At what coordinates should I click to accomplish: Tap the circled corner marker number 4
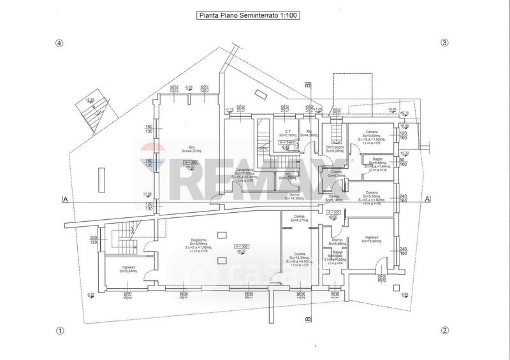coord(60,43)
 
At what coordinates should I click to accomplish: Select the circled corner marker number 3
coord(445,43)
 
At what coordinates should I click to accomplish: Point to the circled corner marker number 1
coord(60,331)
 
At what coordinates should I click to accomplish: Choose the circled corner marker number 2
coord(445,331)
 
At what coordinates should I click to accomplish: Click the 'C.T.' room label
coord(288,131)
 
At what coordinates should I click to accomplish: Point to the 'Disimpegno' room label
coord(336,147)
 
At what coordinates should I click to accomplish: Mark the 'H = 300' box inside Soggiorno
coord(241,246)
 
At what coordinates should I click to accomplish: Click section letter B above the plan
coord(307,84)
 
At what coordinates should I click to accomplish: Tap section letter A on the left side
coord(65,199)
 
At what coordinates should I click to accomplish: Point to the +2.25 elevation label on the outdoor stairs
coord(90,100)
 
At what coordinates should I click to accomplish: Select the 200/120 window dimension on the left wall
coord(94,239)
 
